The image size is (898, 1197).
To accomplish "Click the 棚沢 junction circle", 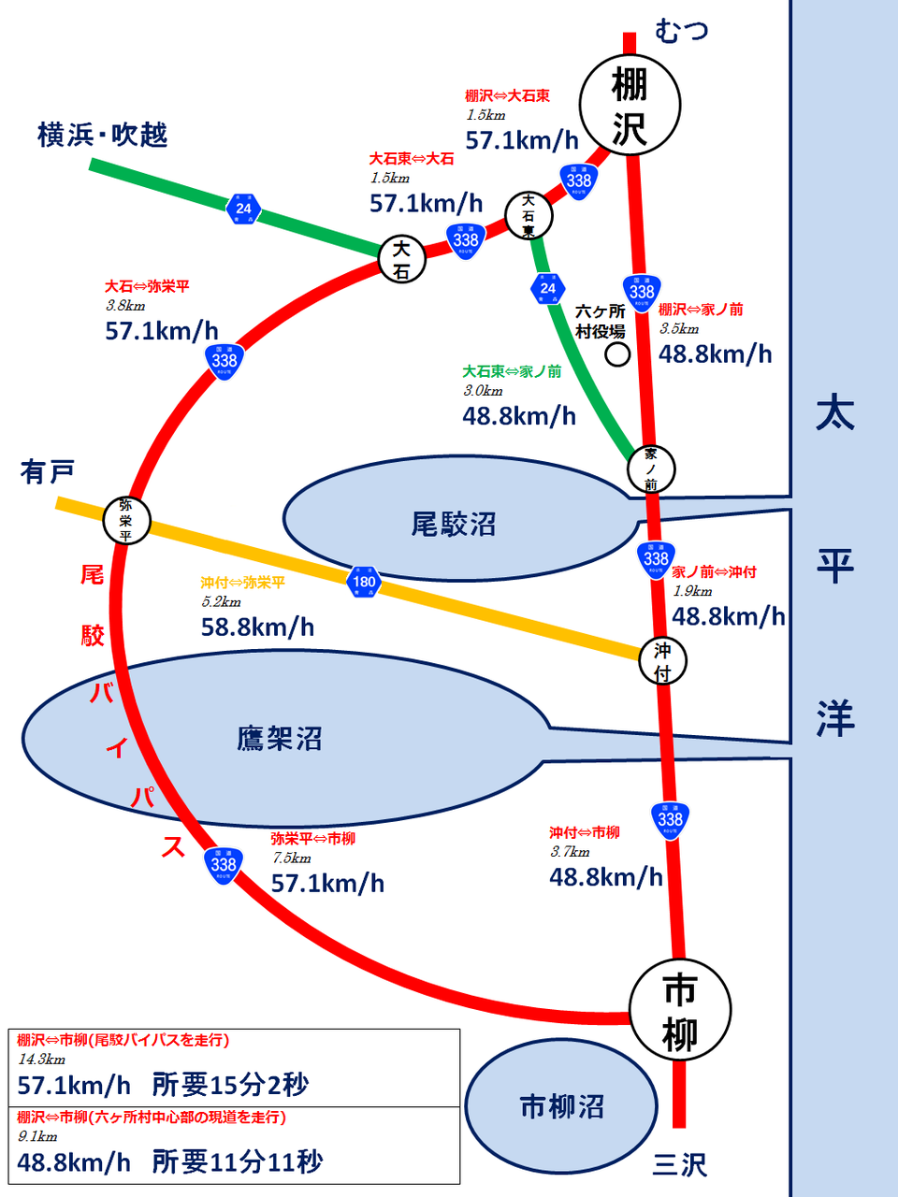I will click(630, 104).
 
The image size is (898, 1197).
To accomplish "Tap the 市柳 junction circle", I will click(680, 1011).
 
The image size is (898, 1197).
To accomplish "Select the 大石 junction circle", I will click(402, 259).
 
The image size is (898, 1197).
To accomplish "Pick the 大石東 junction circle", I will click(529, 216).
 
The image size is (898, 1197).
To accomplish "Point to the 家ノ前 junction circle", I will click(651, 469).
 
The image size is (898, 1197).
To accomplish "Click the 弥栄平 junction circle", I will click(126, 519).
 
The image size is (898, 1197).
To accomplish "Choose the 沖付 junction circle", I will click(663, 661).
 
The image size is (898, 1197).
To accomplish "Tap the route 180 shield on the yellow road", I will click(363, 582).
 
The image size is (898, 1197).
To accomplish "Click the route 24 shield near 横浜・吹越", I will click(243, 209).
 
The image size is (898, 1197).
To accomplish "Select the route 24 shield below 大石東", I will click(548, 288).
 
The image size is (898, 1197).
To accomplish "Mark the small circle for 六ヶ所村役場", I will click(617, 354).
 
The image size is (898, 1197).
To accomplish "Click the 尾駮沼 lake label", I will click(454, 525).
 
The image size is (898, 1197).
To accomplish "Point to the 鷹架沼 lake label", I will click(280, 739).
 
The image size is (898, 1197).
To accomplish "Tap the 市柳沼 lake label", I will click(562, 1107).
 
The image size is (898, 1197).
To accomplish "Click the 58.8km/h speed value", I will click(257, 627).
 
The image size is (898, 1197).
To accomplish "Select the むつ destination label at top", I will click(682, 31).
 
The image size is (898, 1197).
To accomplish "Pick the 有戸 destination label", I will click(48, 472).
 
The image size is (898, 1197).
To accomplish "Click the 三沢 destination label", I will click(680, 1164).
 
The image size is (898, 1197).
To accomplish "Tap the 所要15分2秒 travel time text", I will click(230, 1085).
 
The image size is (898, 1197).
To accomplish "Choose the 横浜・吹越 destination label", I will click(103, 136).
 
